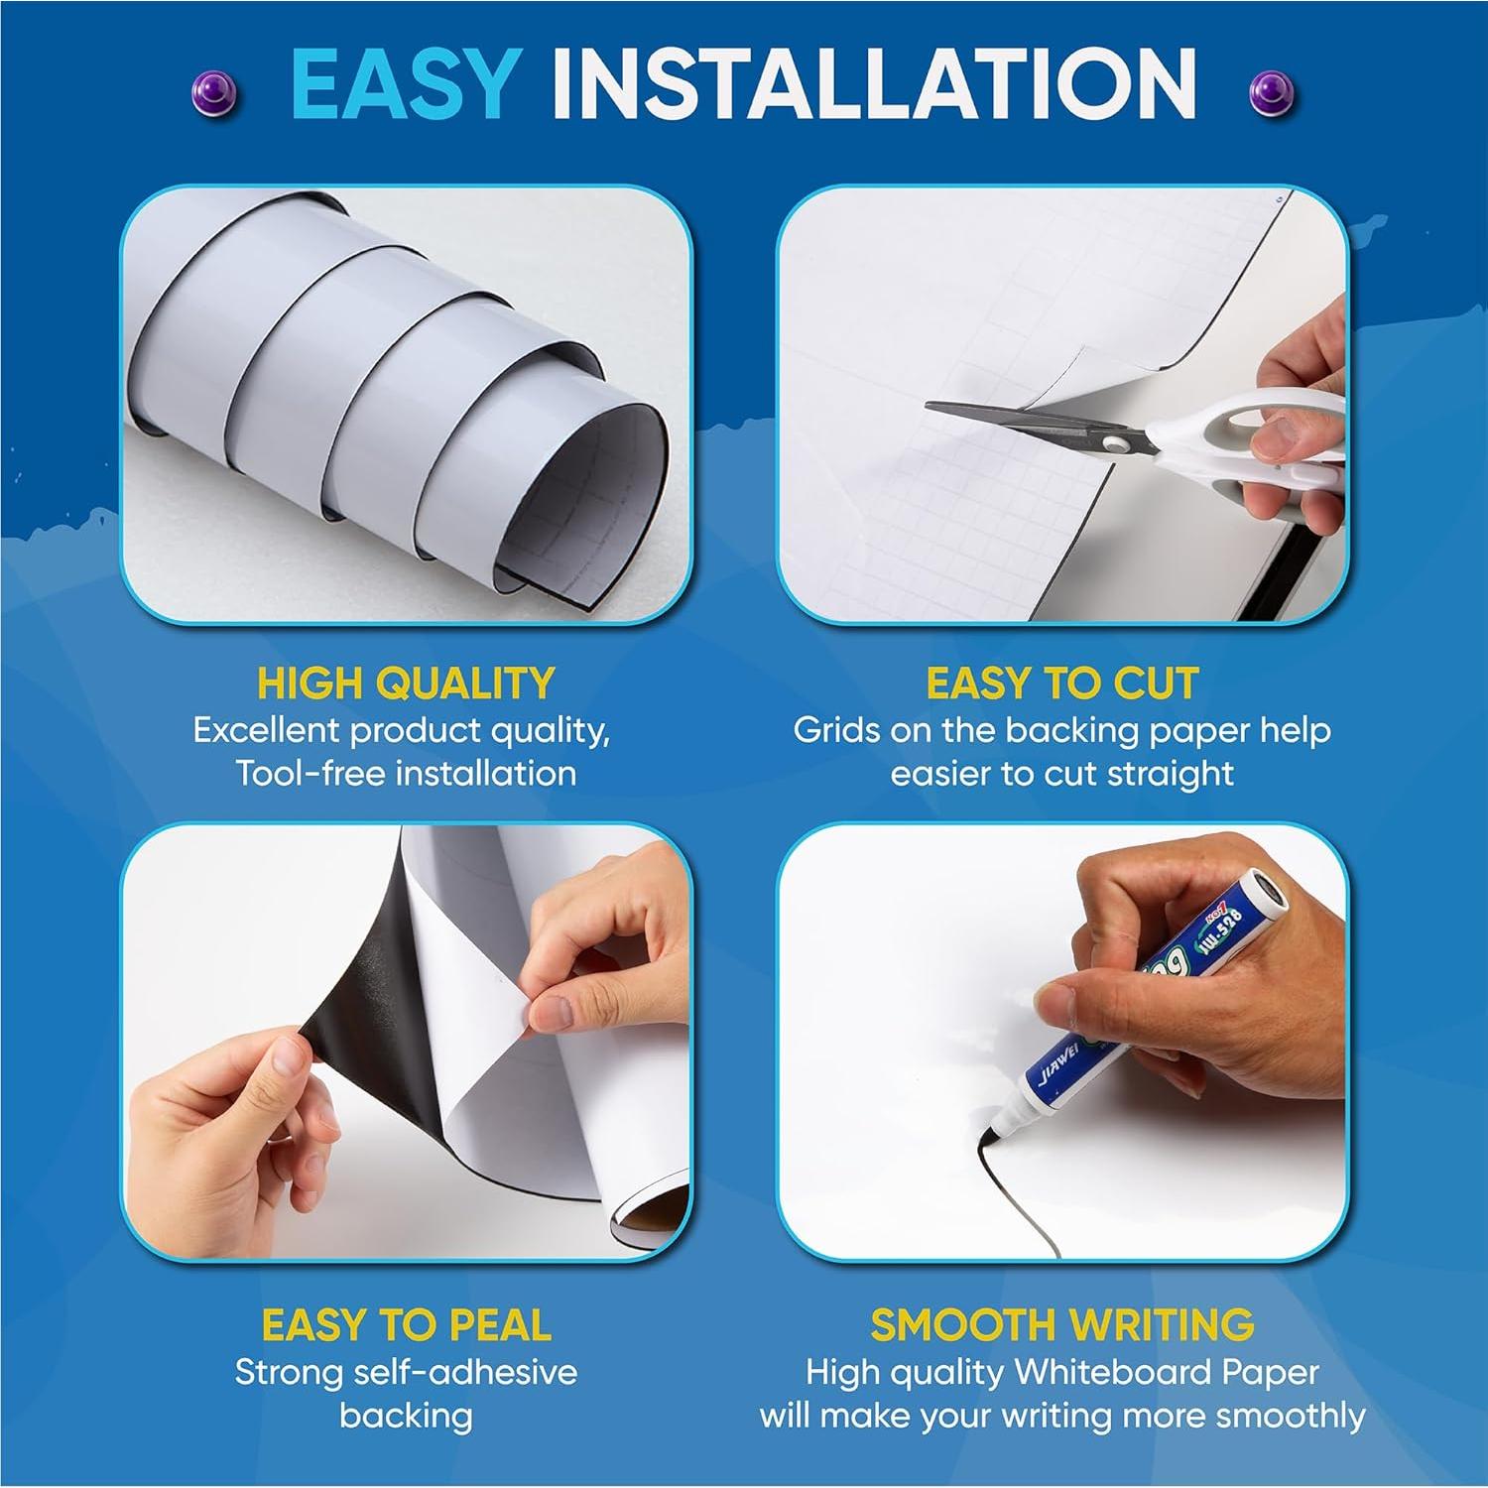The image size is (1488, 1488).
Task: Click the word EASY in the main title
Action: point(406,84)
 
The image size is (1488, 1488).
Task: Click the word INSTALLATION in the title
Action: point(873,84)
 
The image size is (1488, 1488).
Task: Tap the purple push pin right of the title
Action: point(1270,92)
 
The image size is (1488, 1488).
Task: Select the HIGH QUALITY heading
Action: point(405,683)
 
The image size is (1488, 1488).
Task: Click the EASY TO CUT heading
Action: point(1061,683)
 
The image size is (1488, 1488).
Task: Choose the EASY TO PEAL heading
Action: point(405,1325)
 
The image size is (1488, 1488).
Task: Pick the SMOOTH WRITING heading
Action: point(1061,1325)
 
